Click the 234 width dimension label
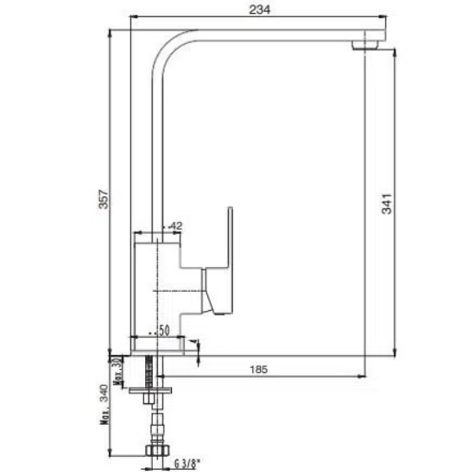click(x=260, y=9)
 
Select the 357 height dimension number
click(x=104, y=199)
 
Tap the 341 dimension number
click(x=387, y=204)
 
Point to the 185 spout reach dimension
click(x=259, y=370)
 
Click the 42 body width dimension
click(x=175, y=225)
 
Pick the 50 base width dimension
click(x=164, y=331)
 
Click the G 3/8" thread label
click(x=187, y=464)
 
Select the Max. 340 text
click(x=104, y=404)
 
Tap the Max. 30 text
click(x=117, y=370)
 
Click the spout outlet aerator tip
click(x=365, y=45)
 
